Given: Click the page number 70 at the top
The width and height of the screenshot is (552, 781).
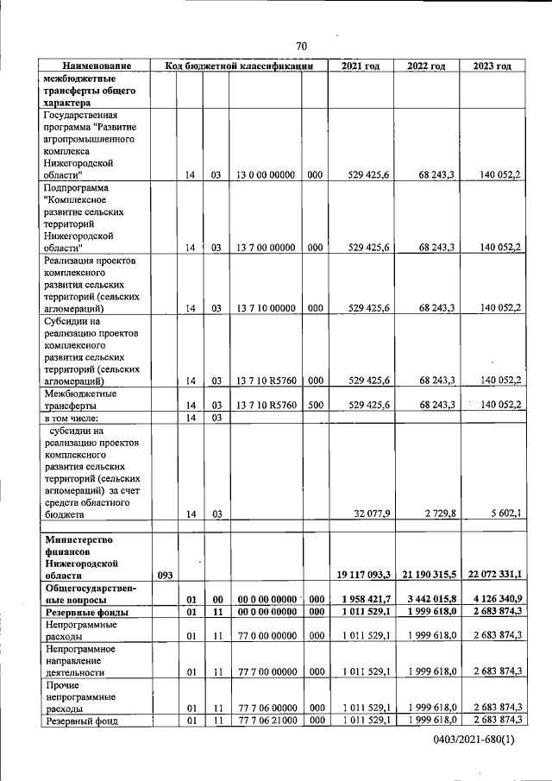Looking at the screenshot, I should pos(300,46).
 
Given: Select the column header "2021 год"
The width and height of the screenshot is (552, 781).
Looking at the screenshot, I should pos(361,66).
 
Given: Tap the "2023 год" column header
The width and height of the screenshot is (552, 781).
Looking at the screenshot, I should pos(492,66).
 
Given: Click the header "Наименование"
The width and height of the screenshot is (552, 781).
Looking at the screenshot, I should pos(96,66).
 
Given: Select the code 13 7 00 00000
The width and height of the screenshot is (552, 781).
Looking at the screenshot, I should pos(266,247).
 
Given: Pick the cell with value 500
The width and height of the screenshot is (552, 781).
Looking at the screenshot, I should pos(315,404).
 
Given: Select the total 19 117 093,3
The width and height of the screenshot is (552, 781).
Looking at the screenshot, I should pos(361,574).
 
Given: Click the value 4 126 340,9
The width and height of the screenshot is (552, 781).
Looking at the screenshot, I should pos(494,599).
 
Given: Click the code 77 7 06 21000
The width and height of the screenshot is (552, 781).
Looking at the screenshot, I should pos(266,720).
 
